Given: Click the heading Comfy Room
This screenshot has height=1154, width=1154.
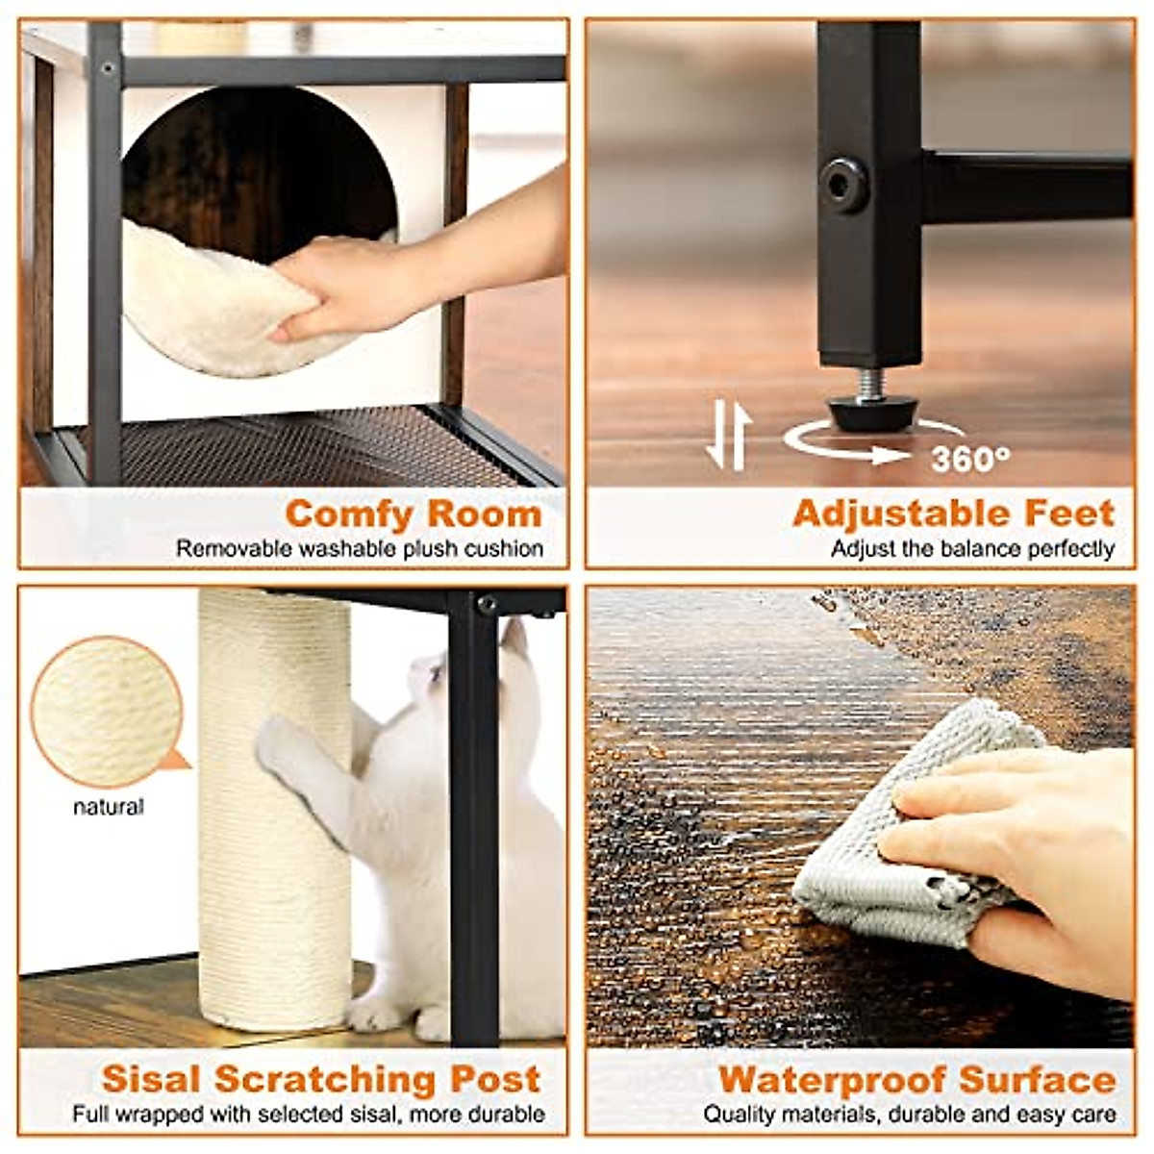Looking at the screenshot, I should [x=414, y=514].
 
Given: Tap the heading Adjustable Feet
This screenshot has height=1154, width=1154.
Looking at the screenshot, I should [x=953, y=514].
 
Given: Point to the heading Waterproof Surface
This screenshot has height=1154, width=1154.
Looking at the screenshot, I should [x=916, y=1079].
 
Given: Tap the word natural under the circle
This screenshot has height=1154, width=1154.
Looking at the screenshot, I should [x=109, y=807].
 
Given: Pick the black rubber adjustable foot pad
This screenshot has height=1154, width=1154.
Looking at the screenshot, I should [x=872, y=413].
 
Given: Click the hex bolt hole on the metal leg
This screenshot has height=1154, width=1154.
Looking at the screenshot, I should [x=843, y=183].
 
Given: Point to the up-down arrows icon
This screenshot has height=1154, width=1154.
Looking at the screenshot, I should [x=728, y=438].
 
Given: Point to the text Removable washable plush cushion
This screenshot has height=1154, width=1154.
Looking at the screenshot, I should [x=359, y=549].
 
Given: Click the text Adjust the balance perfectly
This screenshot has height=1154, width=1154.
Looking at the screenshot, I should [x=972, y=549].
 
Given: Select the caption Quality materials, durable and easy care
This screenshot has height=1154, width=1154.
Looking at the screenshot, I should [x=909, y=1115].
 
